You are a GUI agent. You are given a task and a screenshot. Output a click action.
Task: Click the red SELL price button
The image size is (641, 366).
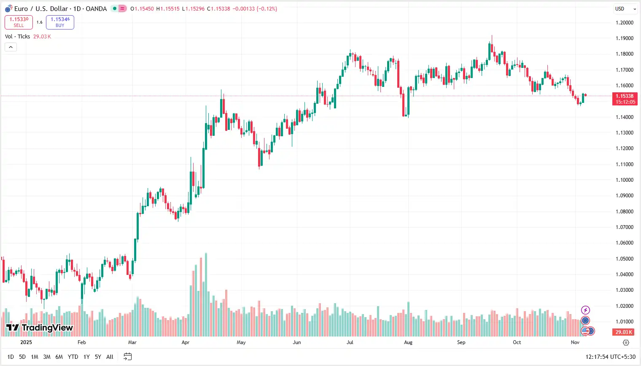click(x=19, y=22)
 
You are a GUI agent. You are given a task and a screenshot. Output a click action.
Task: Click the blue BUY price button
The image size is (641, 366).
click(x=60, y=22)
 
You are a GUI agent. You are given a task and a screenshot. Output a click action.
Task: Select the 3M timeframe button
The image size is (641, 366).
click(x=47, y=357)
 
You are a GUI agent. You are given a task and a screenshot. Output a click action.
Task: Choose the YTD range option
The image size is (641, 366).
click(x=73, y=357)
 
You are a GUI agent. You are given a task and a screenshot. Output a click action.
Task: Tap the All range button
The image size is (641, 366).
click(x=110, y=357)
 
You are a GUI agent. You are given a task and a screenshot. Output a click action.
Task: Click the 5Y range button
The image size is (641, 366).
click(x=98, y=357)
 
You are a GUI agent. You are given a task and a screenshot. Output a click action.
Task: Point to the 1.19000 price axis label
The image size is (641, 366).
click(x=624, y=38)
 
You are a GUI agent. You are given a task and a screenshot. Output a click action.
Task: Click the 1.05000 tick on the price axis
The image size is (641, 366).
click(x=624, y=259)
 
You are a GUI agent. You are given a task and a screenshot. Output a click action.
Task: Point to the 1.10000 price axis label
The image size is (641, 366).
click(x=624, y=180)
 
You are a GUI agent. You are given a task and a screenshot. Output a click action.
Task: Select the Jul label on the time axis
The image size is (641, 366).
click(x=350, y=342)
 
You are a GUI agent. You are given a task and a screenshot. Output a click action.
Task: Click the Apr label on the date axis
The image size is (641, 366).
click(x=186, y=342)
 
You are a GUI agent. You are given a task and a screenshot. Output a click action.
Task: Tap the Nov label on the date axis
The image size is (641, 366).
click(x=575, y=342)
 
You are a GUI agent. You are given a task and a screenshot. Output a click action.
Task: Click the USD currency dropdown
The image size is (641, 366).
click(x=625, y=9)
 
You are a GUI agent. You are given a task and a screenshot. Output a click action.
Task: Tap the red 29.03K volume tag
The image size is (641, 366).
click(x=623, y=332)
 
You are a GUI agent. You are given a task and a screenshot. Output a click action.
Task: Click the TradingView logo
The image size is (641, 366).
click(x=40, y=328)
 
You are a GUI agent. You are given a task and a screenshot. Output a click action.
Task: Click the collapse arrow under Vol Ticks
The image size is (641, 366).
click(x=11, y=47)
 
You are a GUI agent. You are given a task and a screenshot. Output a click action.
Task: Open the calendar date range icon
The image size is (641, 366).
click(x=127, y=357)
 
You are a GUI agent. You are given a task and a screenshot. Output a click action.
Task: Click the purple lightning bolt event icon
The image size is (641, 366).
click(x=585, y=310)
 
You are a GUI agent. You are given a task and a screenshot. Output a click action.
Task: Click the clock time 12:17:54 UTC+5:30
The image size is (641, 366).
click(x=610, y=357)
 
